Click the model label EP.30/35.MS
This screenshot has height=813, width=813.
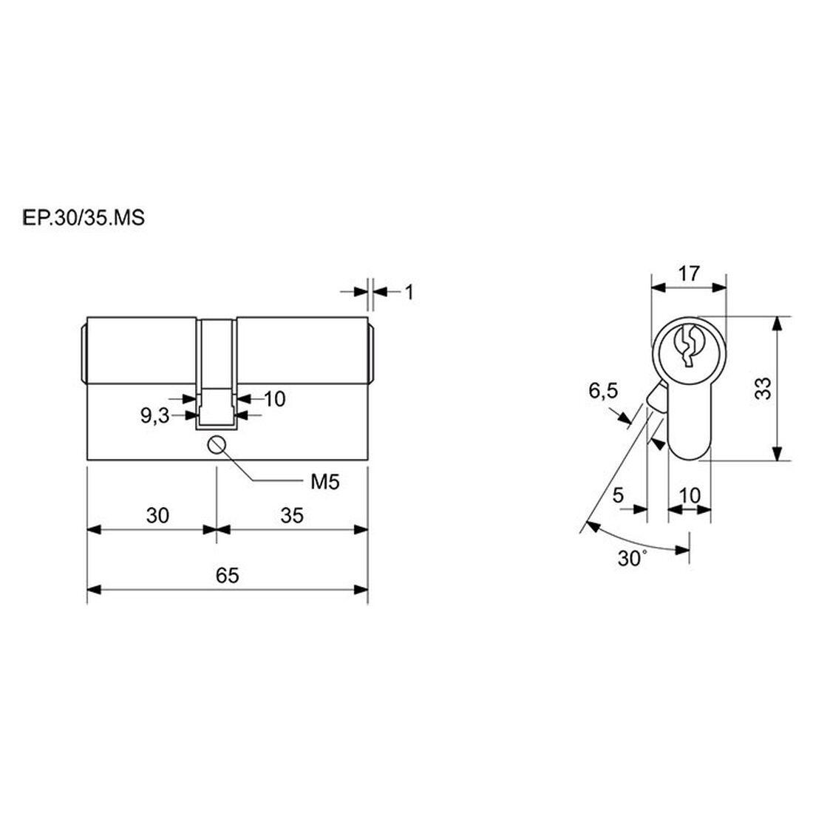84,218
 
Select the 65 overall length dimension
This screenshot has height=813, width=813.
227,576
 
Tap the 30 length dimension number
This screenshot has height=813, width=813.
157,516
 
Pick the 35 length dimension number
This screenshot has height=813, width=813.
292,516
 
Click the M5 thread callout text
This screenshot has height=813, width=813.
325,482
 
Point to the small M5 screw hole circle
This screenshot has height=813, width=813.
217,445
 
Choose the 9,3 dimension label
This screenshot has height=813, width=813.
155,415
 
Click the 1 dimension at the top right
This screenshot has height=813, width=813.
409,293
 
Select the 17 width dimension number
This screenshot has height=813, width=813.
689,273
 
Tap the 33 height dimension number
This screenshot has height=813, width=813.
763,388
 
